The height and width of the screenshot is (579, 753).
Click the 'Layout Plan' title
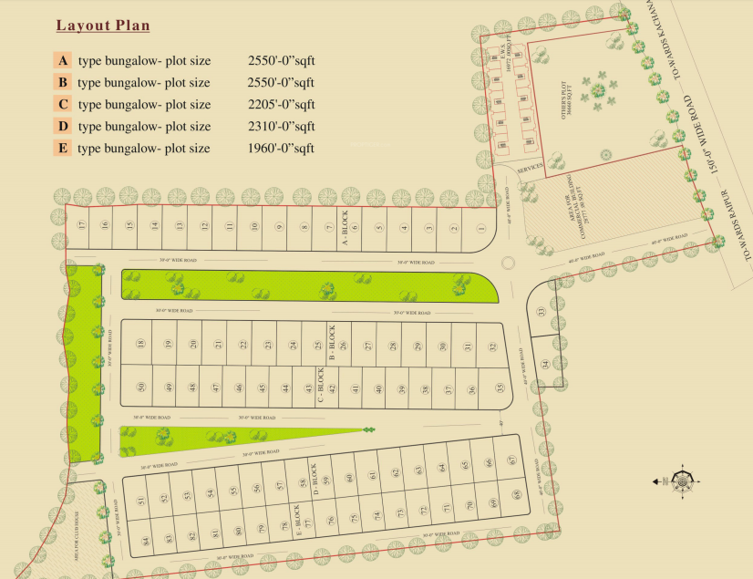coord(103,26)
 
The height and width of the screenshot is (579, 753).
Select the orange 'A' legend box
coord(62,61)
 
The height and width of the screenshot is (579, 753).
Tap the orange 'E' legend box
coord(62,148)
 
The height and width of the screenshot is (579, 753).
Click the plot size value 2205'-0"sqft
coord(281,105)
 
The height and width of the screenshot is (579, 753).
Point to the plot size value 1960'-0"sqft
coord(281,149)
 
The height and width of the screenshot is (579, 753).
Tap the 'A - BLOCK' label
coord(346,228)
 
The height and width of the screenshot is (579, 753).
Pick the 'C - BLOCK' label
coord(321,386)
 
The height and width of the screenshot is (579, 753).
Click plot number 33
coord(541,312)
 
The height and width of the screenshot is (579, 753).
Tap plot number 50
coord(141,388)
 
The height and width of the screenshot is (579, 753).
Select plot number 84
coord(145,541)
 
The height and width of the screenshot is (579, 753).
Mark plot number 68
coord(516,495)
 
